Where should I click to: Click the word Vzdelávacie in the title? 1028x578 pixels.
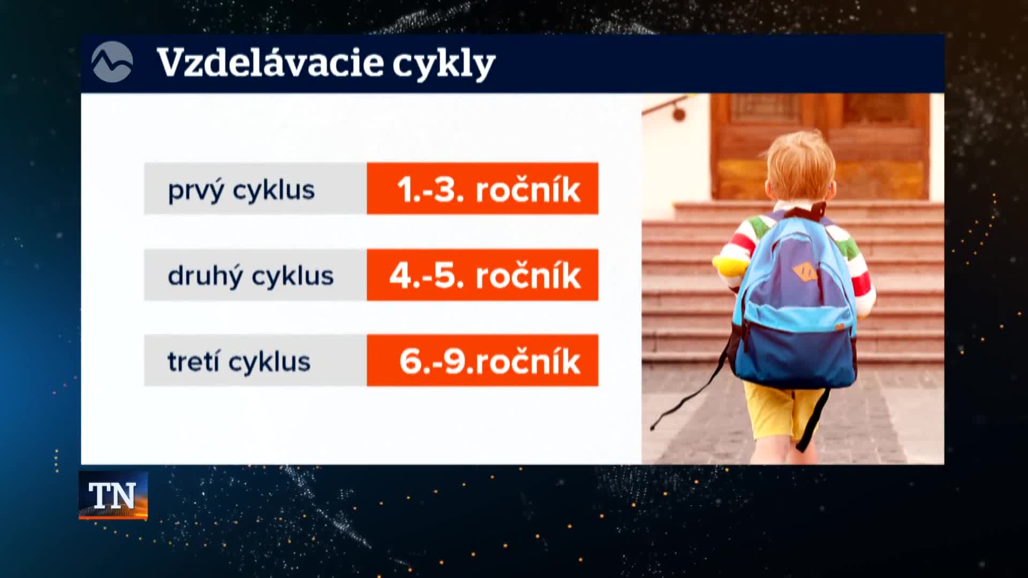[x=270, y=63]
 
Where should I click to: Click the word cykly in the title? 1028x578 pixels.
[x=444, y=65]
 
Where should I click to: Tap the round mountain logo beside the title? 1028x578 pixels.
[x=112, y=62]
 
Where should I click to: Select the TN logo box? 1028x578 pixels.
[x=113, y=495]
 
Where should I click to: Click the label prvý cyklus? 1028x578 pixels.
[x=241, y=191]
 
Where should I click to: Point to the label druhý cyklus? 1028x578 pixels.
[x=251, y=276]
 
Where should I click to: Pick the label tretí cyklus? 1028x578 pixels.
[x=239, y=362]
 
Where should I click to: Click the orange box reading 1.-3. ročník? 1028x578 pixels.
[x=482, y=188]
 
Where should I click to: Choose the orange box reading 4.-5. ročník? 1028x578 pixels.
[x=482, y=275]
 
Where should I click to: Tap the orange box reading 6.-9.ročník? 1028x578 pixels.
[x=482, y=360]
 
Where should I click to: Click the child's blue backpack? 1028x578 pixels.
[x=794, y=300]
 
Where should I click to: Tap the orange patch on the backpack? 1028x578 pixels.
[x=805, y=271]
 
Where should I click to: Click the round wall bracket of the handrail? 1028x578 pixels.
[x=679, y=113]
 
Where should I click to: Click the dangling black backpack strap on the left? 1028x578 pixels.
[x=691, y=385]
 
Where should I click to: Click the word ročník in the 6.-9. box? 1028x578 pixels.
[x=527, y=361]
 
